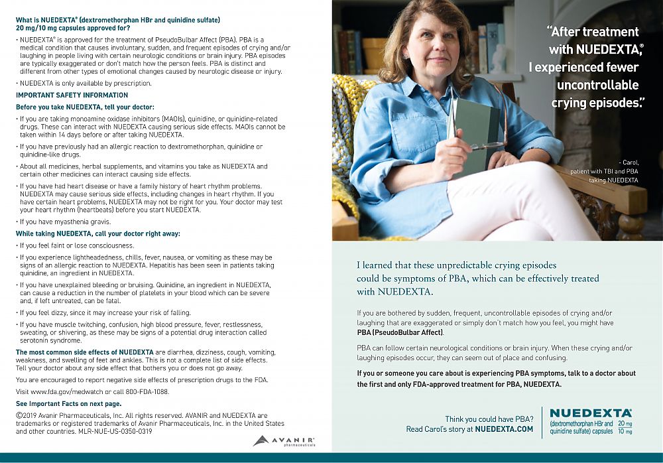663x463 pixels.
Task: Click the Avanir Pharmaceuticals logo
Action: click(283, 440)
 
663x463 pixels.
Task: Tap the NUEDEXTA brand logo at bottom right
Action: click(590, 413)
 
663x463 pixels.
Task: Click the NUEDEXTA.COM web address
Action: click(504, 429)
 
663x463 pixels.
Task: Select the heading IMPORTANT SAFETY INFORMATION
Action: click(72, 95)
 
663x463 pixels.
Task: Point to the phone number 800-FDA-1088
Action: click(145, 391)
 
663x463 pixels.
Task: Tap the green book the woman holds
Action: click(476, 133)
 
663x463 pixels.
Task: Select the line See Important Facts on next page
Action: click(68, 403)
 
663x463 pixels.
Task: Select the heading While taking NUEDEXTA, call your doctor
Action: click(98, 233)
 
